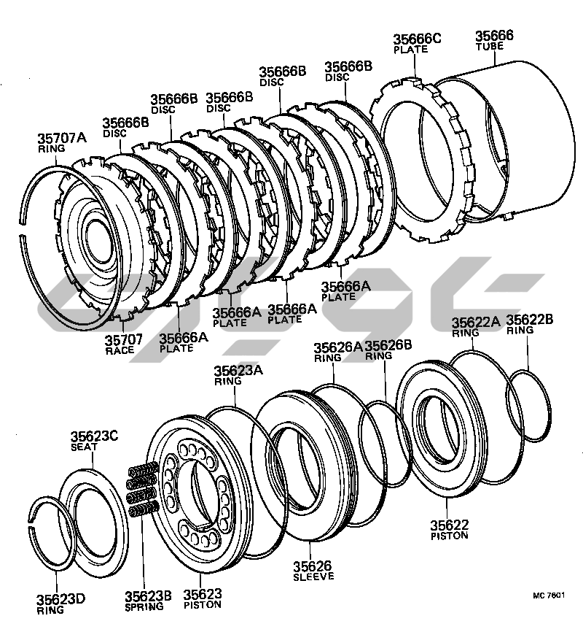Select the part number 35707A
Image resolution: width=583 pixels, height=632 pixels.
click(x=62, y=138)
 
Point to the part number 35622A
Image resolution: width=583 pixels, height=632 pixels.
click(x=476, y=322)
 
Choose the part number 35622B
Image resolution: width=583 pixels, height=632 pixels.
click(x=530, y=320)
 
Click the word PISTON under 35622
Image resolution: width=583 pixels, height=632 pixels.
click(x=449, y=535)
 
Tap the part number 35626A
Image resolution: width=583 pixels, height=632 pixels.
click(x=337, y=347)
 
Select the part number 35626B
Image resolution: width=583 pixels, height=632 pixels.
click(x=388, y=345)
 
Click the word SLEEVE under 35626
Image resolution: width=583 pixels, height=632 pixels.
click(x=314, y=576)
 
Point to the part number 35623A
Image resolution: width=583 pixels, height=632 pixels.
click(x=238, y=371)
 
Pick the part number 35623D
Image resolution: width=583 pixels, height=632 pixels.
click(x=61, y=600)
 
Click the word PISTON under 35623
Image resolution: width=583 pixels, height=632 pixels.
click(x=203, y=605)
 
